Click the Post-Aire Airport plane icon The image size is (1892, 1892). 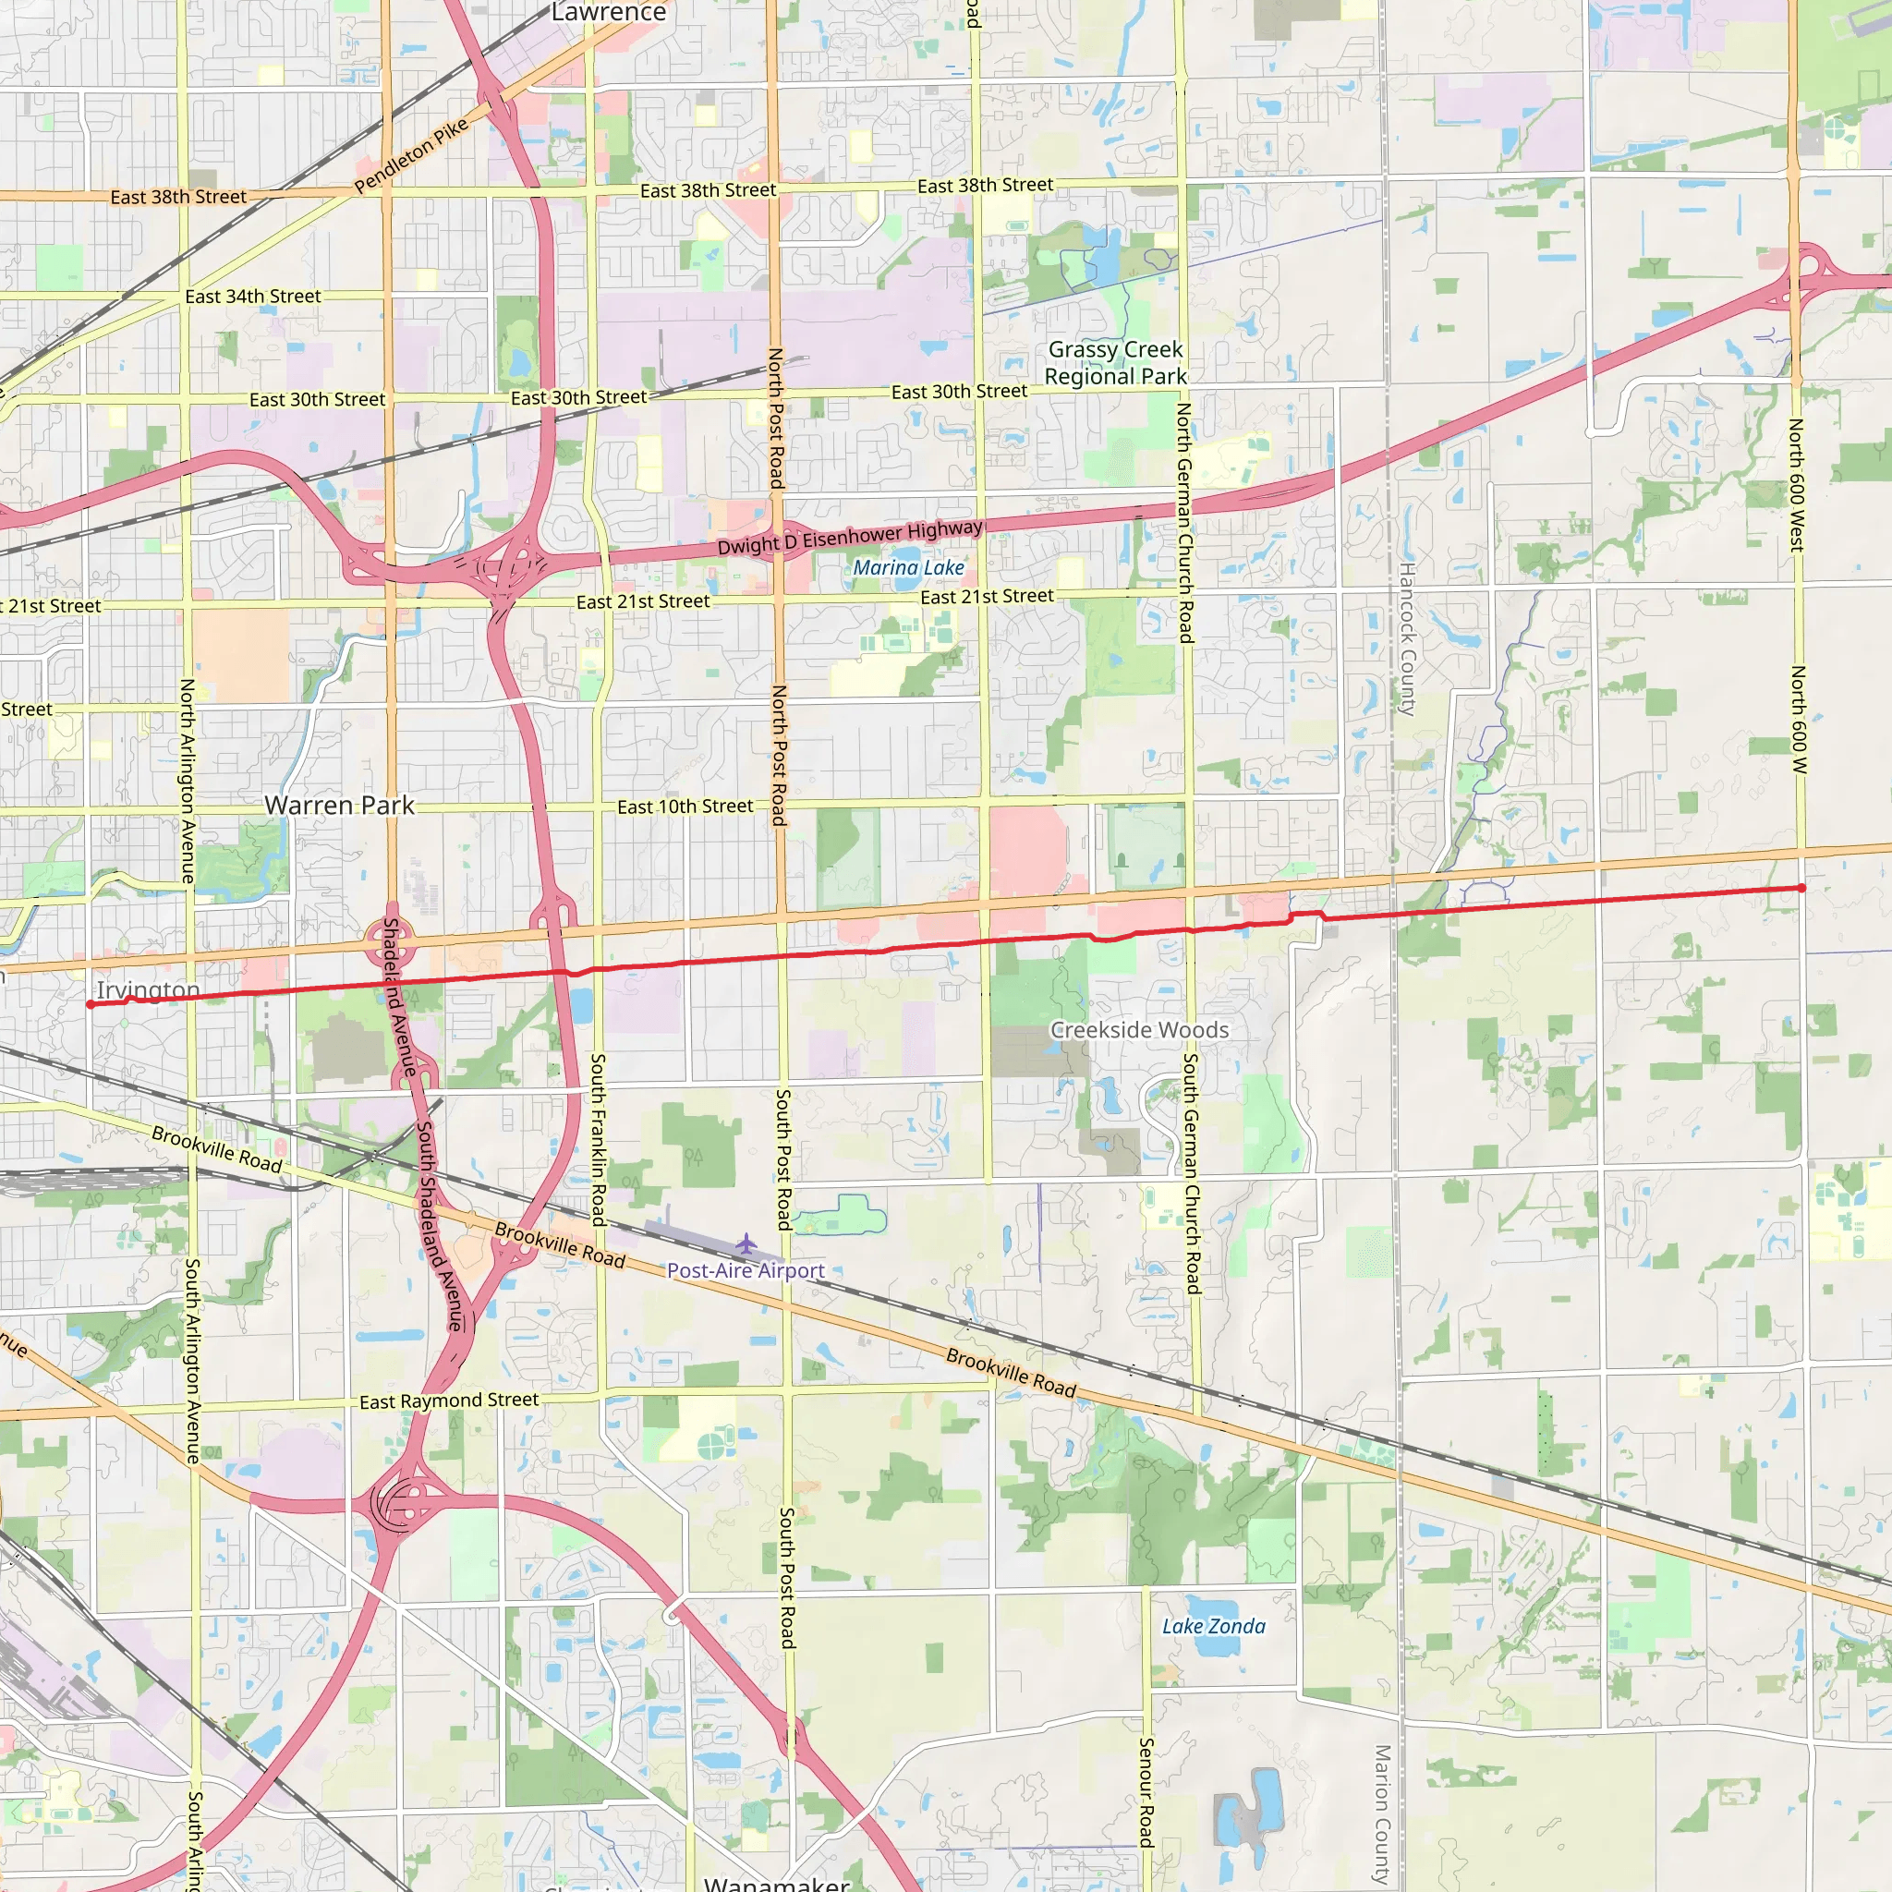[x=746, y=1244]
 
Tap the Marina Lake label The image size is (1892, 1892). [x=908, y=568]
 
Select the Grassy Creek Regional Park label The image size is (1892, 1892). [x=1115, y=363]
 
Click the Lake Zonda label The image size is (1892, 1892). [x=1213, y=1627]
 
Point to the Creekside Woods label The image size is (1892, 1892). [x=1139, y=1030]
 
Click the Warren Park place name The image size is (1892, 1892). [x=339, y=806]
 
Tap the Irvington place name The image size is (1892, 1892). [x=148, y=990]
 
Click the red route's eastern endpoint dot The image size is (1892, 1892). [x=1801, y=888]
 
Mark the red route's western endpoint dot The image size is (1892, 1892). [x=91, y=1005]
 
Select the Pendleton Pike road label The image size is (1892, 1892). [x=411, y=157]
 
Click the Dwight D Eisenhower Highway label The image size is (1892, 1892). [x=850, y=537]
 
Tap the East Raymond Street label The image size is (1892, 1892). [x=448, y=1401]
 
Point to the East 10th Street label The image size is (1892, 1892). [x=685, y=807]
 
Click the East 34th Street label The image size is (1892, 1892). [x=252, y=297]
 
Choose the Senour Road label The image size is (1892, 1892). [x=1146, y=1792]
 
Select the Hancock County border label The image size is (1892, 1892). [x=1407, y=638]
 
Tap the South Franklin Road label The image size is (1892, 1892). [x=598, y=1140]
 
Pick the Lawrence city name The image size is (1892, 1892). [x=608, y=13]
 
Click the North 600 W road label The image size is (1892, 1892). [x=1799, y=720]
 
